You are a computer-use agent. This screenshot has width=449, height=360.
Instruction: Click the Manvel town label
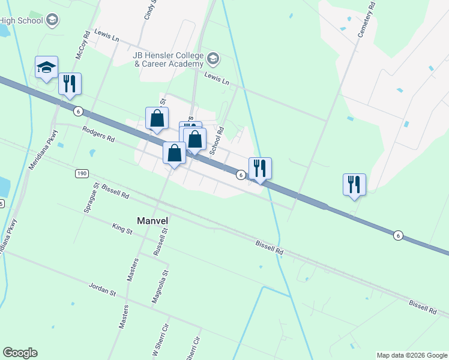[x=152, y=220]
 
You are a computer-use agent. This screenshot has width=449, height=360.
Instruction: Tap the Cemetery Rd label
[x=366, y=20]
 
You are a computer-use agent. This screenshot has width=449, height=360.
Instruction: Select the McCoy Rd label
[x=82, y=45]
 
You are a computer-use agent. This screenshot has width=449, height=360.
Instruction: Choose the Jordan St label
[x=101, y=290]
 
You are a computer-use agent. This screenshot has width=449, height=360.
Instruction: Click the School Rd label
[x=217, y=139]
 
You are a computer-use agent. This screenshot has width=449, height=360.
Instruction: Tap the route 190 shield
[x=82, y=174]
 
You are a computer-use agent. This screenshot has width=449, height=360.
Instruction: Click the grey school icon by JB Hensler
[x=213, y=59]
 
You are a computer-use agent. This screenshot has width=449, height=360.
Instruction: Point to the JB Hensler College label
[x=169, y=59]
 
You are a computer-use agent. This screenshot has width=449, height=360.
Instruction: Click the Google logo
[x=20, y=353]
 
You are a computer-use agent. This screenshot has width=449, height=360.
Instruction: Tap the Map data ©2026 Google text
[x=411, y=355]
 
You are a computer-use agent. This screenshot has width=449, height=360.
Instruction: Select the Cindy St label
[x=150, y=10]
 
